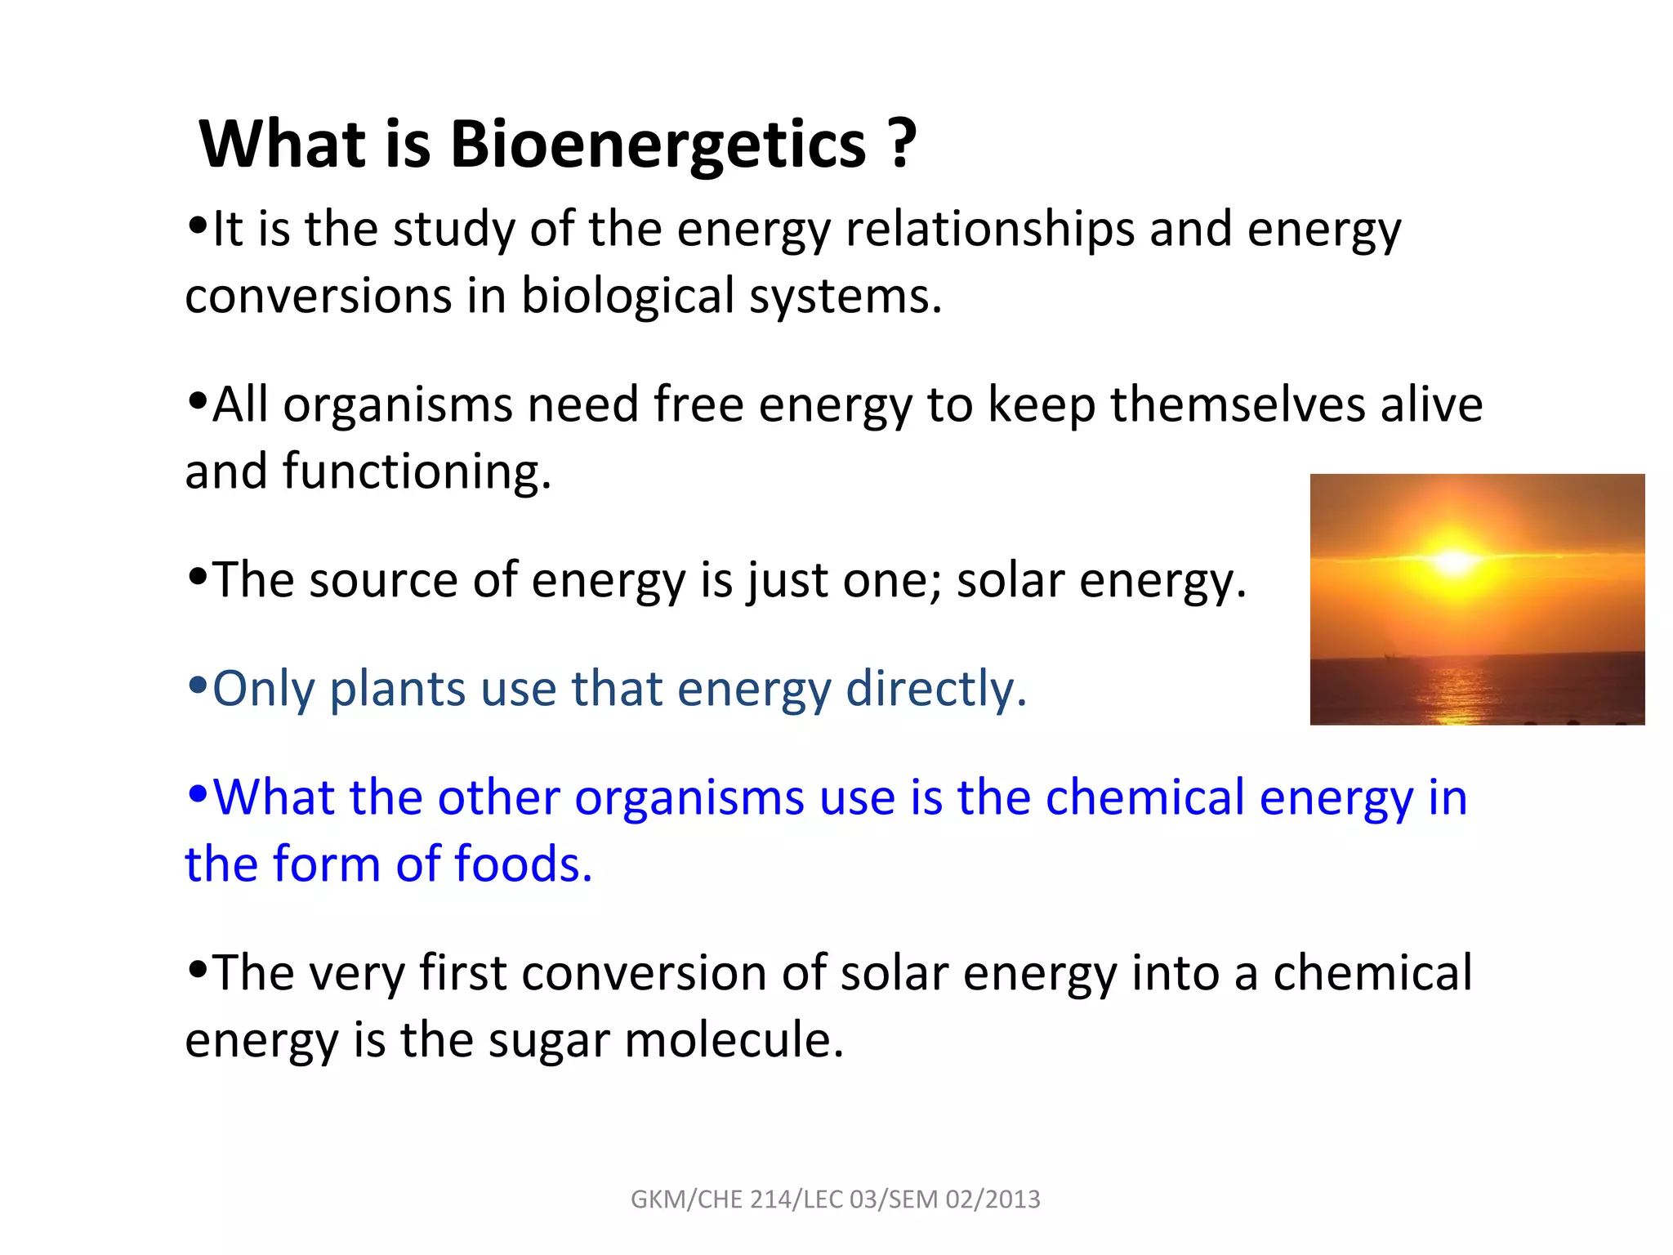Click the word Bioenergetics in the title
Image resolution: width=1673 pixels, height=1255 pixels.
point(658,145)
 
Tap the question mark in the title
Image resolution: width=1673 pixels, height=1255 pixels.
point(902,144)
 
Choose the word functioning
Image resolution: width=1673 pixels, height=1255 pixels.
point(417,472)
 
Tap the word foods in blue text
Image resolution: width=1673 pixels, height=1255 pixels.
point(523,864)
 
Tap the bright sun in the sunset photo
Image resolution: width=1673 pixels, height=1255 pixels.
point(1454,561)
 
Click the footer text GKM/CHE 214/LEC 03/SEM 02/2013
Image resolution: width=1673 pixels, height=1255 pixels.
point(836,1199)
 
